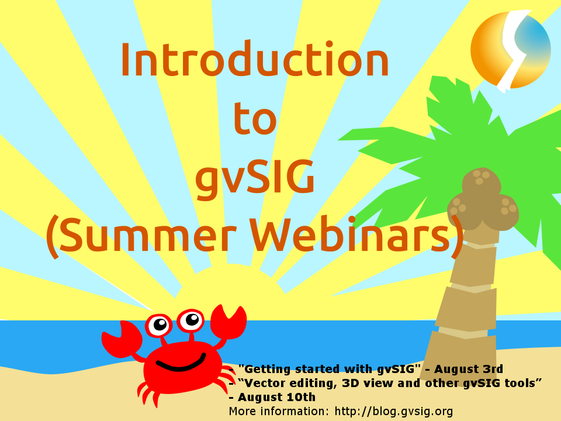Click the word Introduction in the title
tap(255, 58)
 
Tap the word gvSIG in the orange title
tap(255, 178)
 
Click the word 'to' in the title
tap(255, 118)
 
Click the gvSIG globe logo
tap(511, 50)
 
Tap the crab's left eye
tap(158, 325)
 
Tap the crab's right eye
tap(191, 320)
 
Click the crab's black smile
tap(181, 363)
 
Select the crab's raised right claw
tap(228, 322)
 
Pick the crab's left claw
tap(121, 339)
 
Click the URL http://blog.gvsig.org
tap(394, 412)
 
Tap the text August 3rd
tap(469, 369)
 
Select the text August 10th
tap(276, 398)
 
